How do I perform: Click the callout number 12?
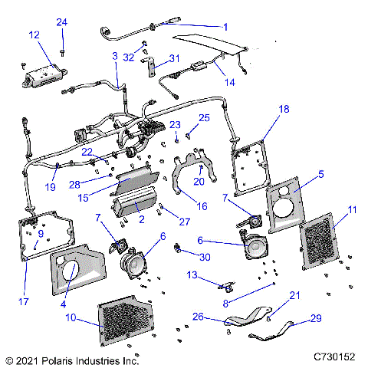[34, 35]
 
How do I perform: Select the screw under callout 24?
[62, 50]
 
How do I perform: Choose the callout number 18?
[284, 110]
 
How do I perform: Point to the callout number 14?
[228, 82]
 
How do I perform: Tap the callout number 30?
[205, 257]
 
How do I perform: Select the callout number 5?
[321, 174]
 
